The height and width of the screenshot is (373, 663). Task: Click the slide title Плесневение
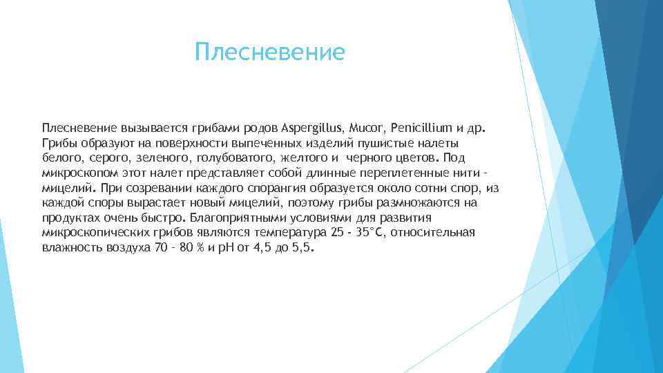pyautogui.click(x=269, y=52)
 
